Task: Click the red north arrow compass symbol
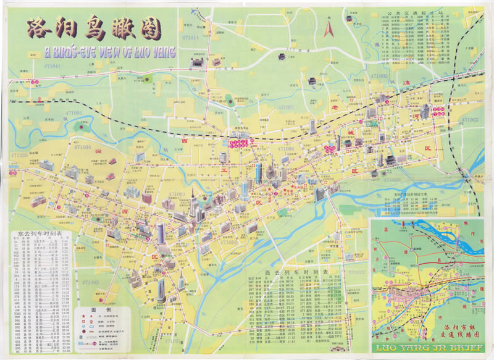[329, 28]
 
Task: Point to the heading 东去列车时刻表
[41, 235]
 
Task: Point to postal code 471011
[191, 38]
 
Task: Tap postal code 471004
[82, 148]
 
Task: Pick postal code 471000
[285, 149]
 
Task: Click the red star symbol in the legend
[82, 317]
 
